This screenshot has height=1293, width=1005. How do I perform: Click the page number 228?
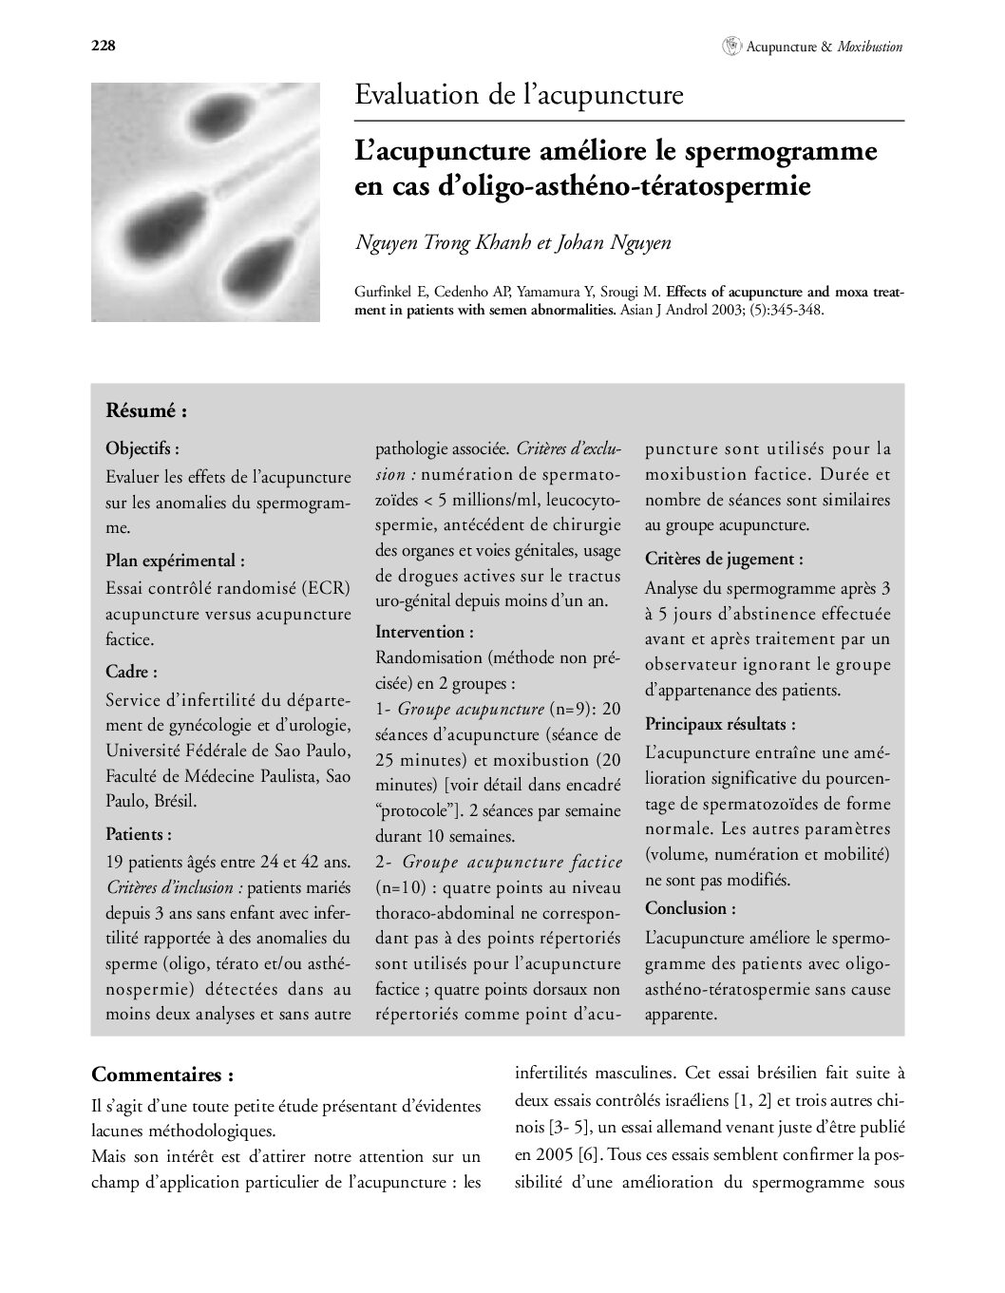[x=103, y=46]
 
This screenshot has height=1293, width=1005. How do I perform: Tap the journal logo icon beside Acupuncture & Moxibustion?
[x=731, y=45]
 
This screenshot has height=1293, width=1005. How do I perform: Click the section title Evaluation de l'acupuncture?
[x=519, y=96]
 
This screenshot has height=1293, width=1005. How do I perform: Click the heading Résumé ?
[x=146, y=411]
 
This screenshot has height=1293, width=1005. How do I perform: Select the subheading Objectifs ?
[x=142, y=447]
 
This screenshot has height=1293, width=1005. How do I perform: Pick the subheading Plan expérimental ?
[x=175, y=561]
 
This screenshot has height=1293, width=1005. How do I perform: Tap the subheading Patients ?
[x=139, y=834]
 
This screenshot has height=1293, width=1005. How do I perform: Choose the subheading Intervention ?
[x=425, y=632]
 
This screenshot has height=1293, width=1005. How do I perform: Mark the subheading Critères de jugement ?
[x=724, y=559]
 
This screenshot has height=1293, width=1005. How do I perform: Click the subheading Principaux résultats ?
[x=720, y=725]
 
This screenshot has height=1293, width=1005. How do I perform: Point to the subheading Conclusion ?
[x=690, y=908]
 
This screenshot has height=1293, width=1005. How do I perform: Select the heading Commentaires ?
[x=162, y=1074]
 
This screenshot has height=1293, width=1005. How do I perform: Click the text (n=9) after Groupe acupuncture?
[x=571, y=709]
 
